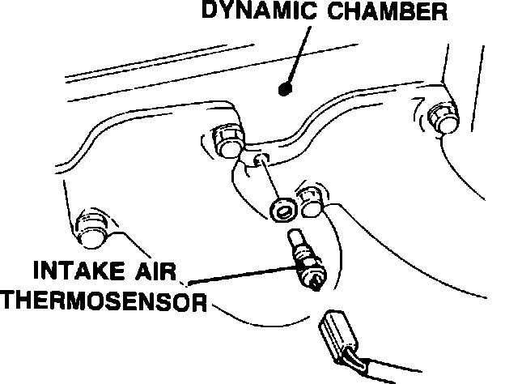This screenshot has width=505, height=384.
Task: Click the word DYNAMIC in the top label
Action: tap(250, 13)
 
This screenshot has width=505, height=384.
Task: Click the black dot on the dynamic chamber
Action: tap(283, 87)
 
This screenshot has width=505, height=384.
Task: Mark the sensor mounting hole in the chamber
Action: tap(261, 161)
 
